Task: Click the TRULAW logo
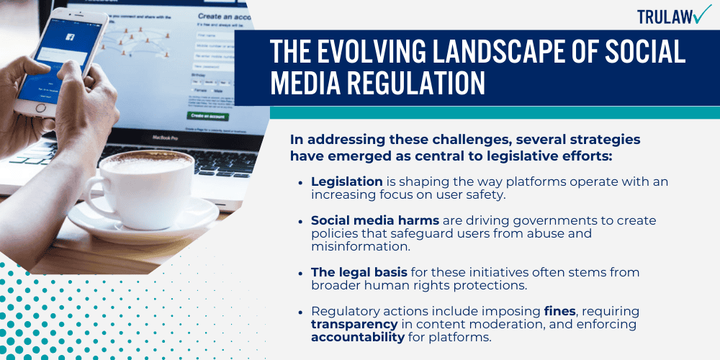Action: point(674,16)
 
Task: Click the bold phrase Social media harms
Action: point(374,220)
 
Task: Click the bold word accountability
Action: point(357,338)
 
